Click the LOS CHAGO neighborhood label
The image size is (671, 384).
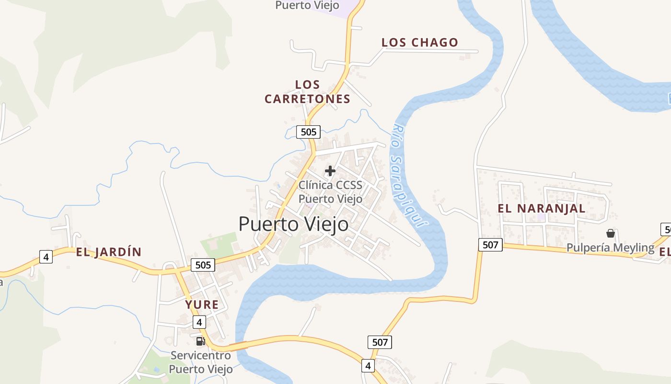[420, 42]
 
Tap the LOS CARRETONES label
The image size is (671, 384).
[308, 92]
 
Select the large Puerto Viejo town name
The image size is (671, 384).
[293, 224]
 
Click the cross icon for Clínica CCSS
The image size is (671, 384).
[330, 170]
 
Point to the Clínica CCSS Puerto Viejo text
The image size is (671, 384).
[331, 192]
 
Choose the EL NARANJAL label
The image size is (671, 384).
[542, 208]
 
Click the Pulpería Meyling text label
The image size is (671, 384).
[610, 248]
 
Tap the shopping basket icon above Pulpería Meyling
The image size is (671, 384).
[611, 233]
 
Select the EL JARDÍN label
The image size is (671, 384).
[109, 252]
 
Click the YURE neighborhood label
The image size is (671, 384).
[202, 304]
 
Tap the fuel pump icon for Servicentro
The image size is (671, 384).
[200, 341]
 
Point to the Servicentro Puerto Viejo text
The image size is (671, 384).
[201, 362]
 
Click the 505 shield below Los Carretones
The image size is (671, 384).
[308, 132]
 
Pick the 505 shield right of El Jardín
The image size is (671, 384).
[203, 264]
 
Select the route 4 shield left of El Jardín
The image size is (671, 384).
[46, 257]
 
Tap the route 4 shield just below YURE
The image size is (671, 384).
[200, 322]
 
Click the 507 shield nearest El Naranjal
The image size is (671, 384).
[490, 245]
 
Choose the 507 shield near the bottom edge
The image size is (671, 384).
[380, 342]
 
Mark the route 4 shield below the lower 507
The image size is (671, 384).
[368, 366]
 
